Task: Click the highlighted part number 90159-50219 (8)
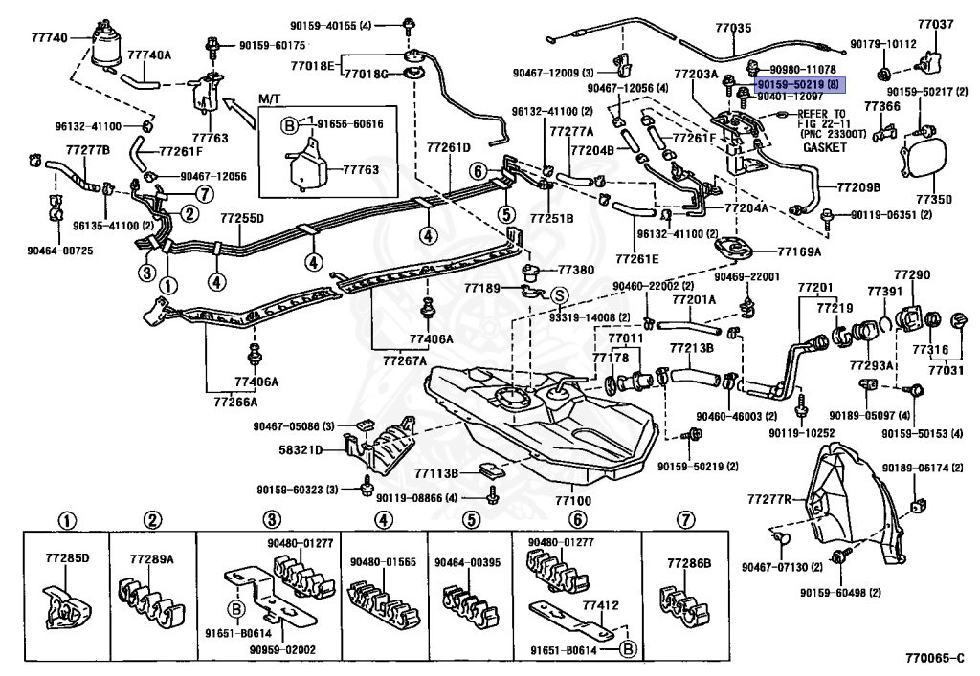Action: tap(799, 84)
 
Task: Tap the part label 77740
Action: tap(50, 38)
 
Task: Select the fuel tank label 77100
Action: tap(573, 501)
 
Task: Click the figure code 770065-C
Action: tap(935, 658)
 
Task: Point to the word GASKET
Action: tap(824, 147)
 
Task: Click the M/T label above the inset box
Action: tap(270, 99)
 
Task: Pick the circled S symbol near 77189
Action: tap(559, 295)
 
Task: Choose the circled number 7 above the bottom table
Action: tap(685, 519)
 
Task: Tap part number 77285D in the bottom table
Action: tap(68, 557)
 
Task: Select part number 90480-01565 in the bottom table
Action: tap(383, 562)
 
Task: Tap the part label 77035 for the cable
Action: tap(734, 28)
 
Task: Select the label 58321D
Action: tap(301, 449)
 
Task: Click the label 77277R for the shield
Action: tap(769, 499)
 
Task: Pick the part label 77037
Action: tap(936, 24)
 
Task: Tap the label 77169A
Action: tap(799, 251)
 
